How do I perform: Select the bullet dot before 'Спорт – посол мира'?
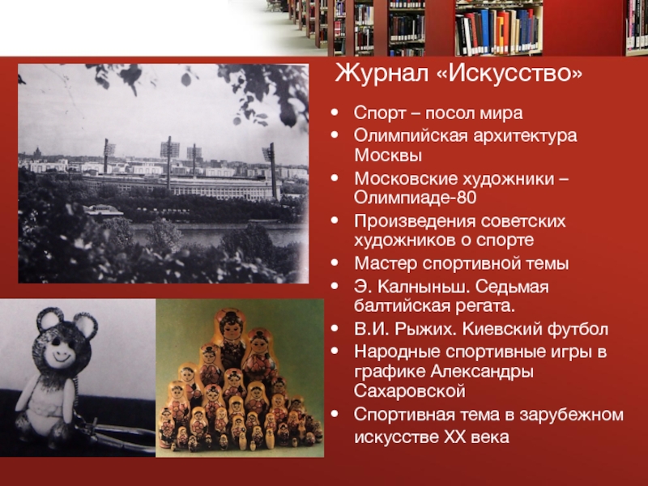click(335, 113)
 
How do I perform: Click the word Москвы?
click(388, 156)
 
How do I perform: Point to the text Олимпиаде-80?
click(415, 198)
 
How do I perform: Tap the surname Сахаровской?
click(410, 391)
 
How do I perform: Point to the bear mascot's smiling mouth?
click(62, 358)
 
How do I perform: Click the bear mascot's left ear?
click(49, 318)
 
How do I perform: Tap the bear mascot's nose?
click(56, 341)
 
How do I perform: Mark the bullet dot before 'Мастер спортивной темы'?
click(335, 262)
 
